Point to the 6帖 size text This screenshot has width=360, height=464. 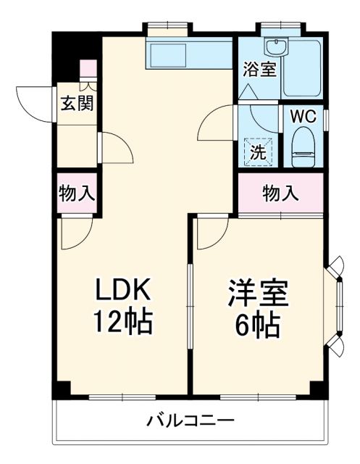(x=258, y=326)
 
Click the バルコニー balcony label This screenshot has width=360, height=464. (x=190, y=420)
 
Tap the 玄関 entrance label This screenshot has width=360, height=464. (x=75, y=103)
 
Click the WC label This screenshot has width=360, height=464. (x=303, y=117)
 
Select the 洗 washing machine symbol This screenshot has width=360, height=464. (x=258, y=152)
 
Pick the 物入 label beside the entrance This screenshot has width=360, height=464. (x=75, y=194)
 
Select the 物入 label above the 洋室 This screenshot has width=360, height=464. (x=280, y=194)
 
